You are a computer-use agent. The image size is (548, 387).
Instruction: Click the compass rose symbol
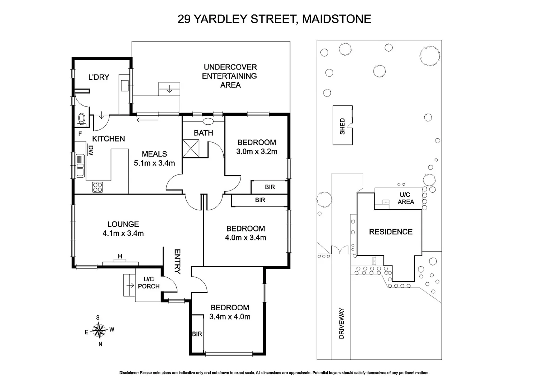(x=99, y=330)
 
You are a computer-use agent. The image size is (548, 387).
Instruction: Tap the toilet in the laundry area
(x=82, y=120)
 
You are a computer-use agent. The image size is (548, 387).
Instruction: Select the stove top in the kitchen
(x=97, y=187)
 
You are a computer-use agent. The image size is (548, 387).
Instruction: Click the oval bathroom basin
(x=208, y=121)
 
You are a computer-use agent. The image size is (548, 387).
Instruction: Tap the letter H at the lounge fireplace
(x=120, y=256)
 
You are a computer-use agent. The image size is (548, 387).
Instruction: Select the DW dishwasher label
(x=90, y=150)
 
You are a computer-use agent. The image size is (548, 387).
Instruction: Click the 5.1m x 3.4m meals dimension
(x=154, y=163)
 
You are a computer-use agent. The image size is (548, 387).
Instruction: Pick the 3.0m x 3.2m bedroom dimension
(x=257, y=152)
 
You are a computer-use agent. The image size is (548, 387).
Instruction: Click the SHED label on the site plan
(x=342, y=126)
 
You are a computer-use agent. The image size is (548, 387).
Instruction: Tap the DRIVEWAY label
(x=341, y=323)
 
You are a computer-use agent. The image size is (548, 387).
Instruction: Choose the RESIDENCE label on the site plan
(x=391, y=232)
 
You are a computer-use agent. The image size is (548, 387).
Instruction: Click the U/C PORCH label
(x=149, y=282)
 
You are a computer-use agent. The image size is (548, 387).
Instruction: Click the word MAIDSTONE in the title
(x=337, y=19)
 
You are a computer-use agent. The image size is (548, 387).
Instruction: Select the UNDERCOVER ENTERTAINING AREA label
(x=230, y=76)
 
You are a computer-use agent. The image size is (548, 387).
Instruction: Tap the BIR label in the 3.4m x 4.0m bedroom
(x=197, y=334)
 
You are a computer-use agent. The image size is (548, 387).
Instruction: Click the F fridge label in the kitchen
(x=80, y=134)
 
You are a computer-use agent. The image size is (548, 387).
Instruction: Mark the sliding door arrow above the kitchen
(x=147, y=120)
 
